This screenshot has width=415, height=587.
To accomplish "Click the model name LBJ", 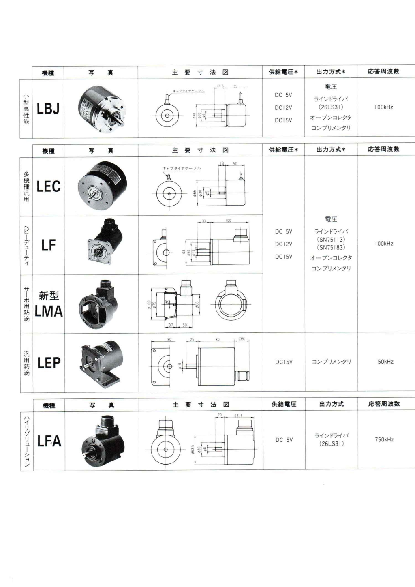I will [48, 109].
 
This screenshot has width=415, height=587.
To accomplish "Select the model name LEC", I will [48, 186].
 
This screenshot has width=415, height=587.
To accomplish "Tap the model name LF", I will [48, 245].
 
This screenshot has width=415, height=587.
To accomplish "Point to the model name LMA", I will [49, 311].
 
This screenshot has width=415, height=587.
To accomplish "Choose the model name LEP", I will [49, 363].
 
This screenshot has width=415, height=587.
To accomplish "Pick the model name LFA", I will [49, 441].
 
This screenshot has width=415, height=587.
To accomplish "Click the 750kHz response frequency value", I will [384, 439].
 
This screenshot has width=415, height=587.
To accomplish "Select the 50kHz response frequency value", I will [385, 362].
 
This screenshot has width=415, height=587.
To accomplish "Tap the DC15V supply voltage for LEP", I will [284, 362].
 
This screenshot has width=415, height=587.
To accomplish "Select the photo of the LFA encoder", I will [101, 441].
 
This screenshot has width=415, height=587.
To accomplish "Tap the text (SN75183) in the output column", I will [331, 248].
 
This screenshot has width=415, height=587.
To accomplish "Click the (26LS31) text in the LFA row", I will [331, 444].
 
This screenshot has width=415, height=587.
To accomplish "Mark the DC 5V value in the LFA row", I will [283, 440].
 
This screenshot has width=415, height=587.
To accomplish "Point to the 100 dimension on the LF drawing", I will [229, 221].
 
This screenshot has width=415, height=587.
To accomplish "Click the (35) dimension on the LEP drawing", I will [242, 339].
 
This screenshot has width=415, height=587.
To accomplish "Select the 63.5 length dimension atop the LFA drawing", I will [238, 416].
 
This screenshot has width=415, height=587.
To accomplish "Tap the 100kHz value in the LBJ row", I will [383, 107].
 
